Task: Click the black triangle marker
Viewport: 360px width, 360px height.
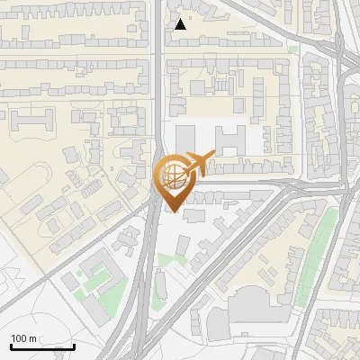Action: pyautogui.click(x=181, y=24)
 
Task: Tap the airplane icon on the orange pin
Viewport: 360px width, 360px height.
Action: pyautogui.click(x=200, y=164)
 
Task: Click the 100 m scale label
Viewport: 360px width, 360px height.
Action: pyautogui.click(x=23, y=338)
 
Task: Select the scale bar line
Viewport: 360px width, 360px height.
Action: pyautogui.click(x=42, y=346)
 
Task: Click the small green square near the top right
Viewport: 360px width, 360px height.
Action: pyautogui.click(x=292, y=49)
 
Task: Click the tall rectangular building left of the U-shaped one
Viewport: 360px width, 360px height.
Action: pyautogui.click(x=185, y=140)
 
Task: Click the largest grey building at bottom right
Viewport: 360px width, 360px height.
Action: pyautogui.click(x=261, y=306)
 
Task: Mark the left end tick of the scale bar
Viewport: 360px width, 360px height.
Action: pyautogui.click(x=10, y=346)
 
